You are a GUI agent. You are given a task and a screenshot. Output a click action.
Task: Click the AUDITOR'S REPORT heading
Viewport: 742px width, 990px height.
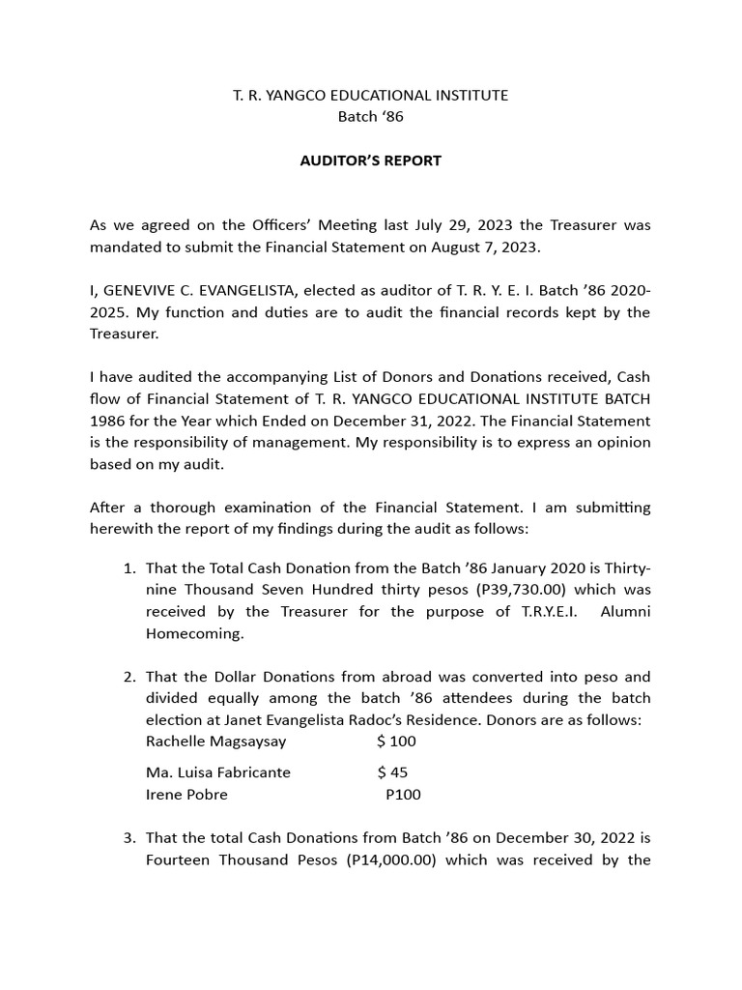tap(370, 160)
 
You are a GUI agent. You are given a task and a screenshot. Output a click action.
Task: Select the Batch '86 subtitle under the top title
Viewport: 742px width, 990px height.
tap(370, 117)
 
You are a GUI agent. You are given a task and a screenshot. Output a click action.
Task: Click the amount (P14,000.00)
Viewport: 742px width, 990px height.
tap(390, 859)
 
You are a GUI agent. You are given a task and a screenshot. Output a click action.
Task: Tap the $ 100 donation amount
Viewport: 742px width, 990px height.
tap(396, 742)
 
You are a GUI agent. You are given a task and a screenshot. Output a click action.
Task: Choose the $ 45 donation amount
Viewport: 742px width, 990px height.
tap(392, 772)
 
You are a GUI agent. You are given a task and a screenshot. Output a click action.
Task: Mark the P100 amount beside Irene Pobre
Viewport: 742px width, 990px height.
tap(403, 795)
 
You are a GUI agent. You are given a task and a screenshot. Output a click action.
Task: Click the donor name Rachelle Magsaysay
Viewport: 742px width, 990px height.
tap(215, 742)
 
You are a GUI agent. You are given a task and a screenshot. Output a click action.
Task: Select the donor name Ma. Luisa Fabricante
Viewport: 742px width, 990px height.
tap(217, 772)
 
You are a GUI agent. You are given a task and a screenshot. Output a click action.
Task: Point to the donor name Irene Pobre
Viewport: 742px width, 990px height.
tap(186, 795)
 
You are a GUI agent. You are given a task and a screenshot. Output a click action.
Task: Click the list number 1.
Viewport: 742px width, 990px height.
tap(128, 567)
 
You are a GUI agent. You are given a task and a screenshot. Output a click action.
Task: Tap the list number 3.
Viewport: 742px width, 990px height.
tap(128, 838)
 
